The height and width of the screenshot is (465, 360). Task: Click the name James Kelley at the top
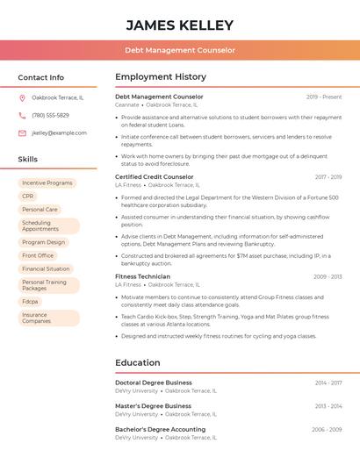click(x=180, y=25)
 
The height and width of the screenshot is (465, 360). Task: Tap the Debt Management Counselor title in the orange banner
click(x=180, y=50)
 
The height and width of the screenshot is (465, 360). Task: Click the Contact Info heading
click(x=40, y=77)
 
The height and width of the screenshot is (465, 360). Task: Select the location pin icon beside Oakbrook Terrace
click(x=22, y=97)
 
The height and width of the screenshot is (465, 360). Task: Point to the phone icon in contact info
click(x=22, y=115)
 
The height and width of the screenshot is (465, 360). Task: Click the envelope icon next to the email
click(x=22, y=133)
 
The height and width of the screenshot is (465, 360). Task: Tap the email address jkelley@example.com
click(x=59, y=133)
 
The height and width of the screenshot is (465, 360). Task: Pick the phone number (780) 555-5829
click(x=50, y=115)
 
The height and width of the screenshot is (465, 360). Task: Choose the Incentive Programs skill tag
click(x=47, y=183)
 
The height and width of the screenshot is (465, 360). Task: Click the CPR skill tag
click(x=28, y=197)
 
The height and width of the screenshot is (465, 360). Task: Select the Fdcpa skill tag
click(x=30, y=301)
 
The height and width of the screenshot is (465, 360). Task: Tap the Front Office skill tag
click(x=38, y=255)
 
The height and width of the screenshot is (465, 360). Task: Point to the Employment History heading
click(x=161, y=77)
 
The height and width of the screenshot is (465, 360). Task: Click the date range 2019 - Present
click(x=324, y=97)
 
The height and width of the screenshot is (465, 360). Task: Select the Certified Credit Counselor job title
click(x=155, y=176)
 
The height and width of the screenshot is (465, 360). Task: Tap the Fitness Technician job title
click(x=142, y=276)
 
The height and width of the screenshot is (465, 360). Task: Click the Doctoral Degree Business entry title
click(x=154, y=383)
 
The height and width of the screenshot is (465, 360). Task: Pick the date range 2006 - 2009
click(x=327, y=430)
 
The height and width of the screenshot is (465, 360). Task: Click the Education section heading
click(x=138, y=362)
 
